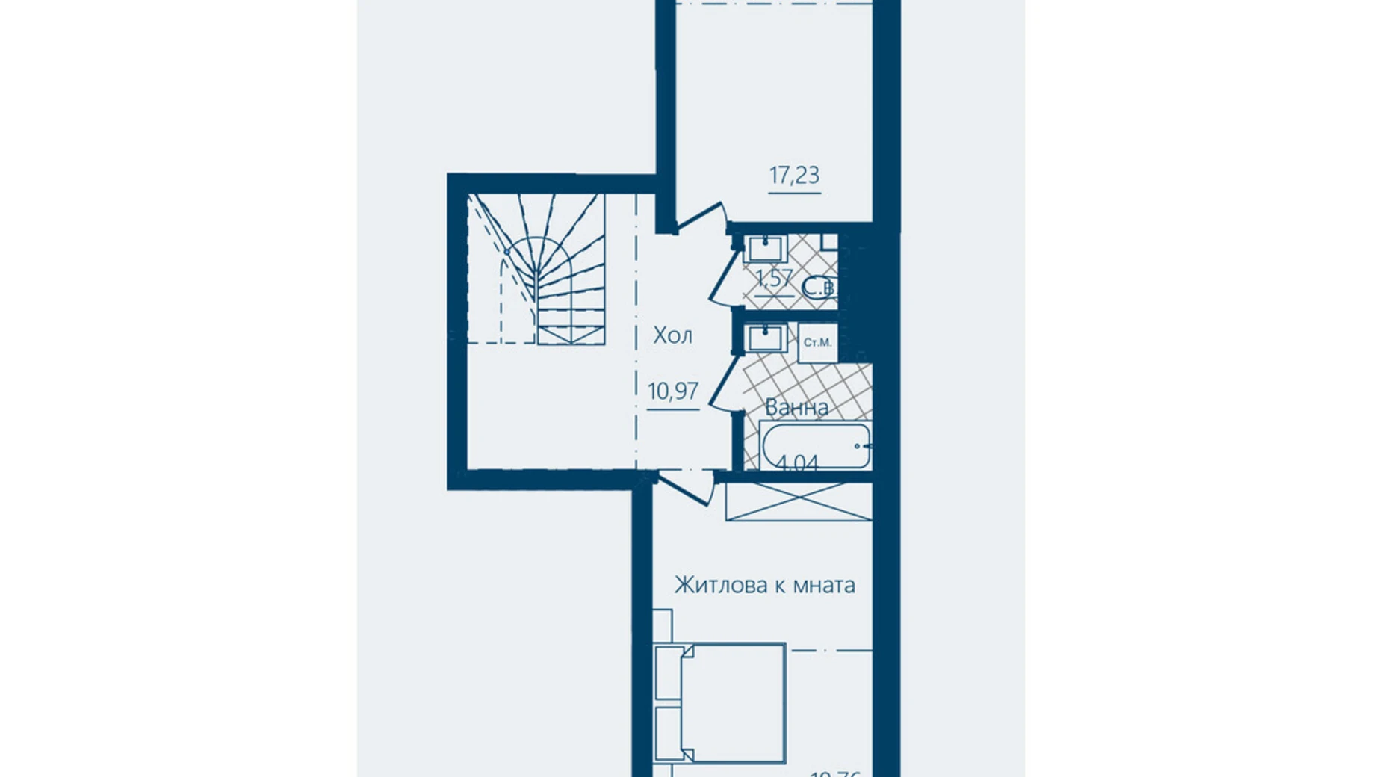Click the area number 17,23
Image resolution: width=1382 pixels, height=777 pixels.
pyautogui.click(x=794, y=176)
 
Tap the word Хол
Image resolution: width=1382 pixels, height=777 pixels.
pyautogui.click(x=672, y=335)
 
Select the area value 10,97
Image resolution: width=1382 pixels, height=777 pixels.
pyautogui.click(x=673, y=391)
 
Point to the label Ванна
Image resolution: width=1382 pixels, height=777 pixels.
pyautogui.click(x=796, y=408)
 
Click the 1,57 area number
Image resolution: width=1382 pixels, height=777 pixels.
pyautogui.click(x=773, y=279)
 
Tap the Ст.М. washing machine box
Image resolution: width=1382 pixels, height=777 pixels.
pyautogui.click(x=817, y=343)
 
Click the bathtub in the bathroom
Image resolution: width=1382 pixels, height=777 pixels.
pyautogui.click(x=814, y=446)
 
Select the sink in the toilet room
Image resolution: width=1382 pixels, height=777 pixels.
pyautogui.click(x=764, y=248)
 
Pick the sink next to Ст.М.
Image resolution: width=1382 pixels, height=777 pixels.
pyautogui.click(x=764, y=338)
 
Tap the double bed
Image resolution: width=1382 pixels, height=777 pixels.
pyautogui.click(x=719, y=702)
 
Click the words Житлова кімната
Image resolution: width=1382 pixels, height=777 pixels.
pyautogui.click(x=764, y=585)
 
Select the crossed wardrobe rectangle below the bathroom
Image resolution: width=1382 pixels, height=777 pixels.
pyautogui.click(x=799, y=501)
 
